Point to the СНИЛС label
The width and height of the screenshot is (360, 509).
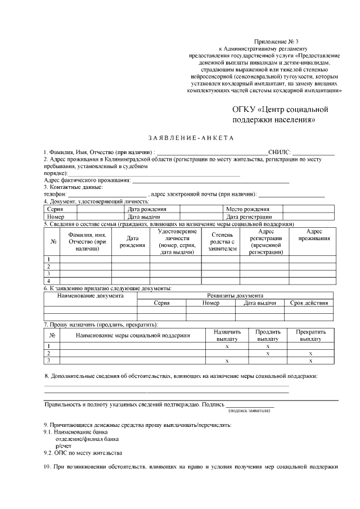point(280,152)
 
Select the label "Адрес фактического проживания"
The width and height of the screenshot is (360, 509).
point(87,180)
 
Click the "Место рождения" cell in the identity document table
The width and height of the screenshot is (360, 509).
point(246,209)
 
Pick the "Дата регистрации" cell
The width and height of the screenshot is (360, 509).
point(249,217)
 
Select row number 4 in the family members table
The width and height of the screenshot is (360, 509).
point(49,280)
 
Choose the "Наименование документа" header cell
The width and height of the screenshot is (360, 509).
point(90,295)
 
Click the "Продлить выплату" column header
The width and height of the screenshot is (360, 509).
point(268,336)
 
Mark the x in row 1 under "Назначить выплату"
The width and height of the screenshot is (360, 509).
point(227,346)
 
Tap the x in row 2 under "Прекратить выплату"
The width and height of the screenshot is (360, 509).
point(310,353)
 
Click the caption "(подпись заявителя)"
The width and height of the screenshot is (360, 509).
point(249,411)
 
